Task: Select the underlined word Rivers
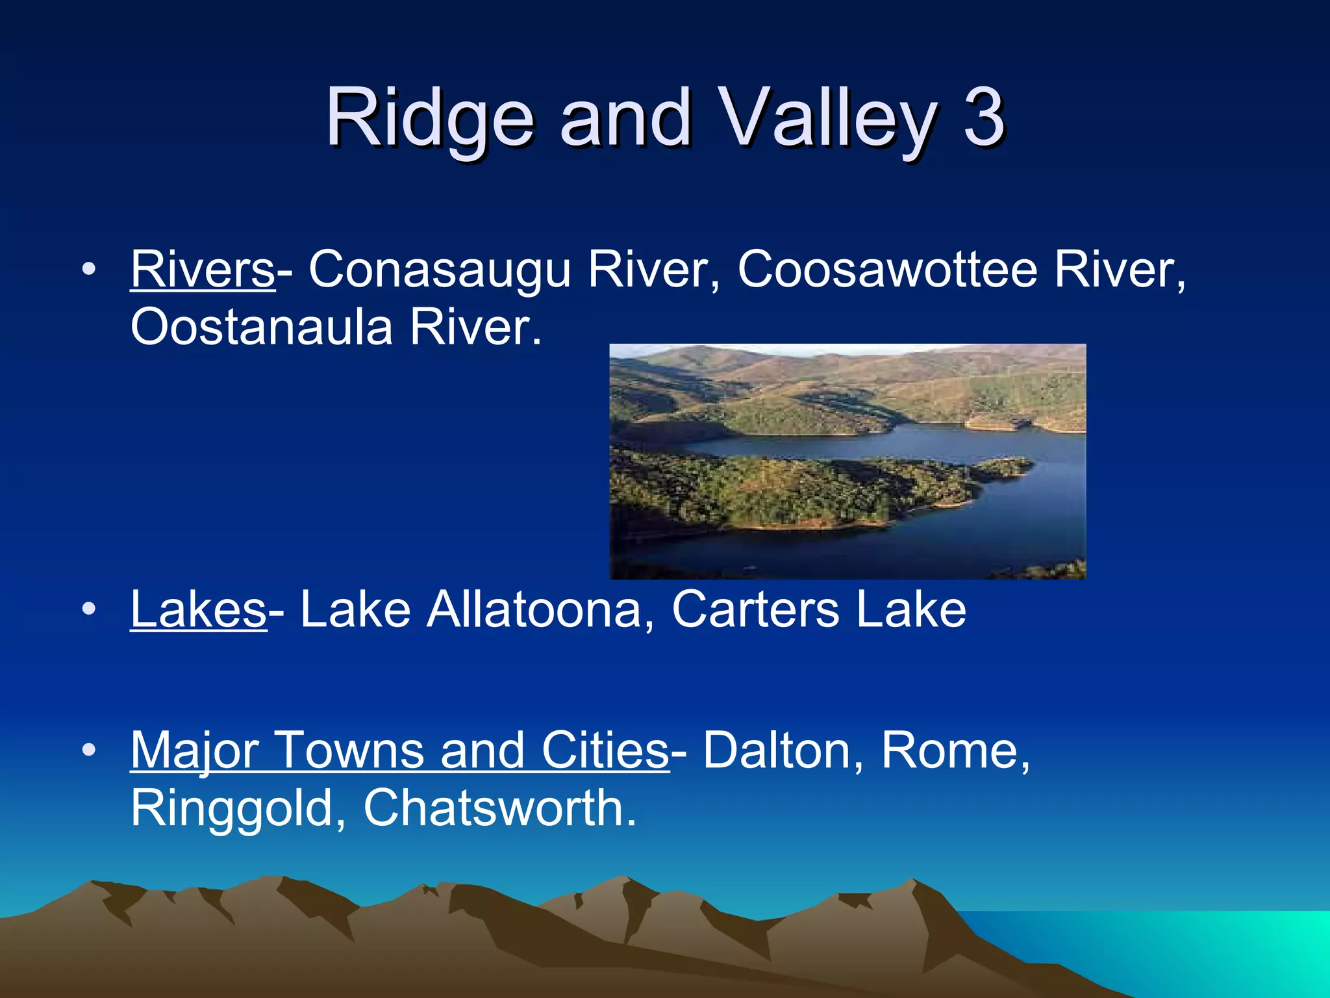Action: click(203, 269)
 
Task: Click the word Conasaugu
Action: click(439, 269)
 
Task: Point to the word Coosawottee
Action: click(887, 269)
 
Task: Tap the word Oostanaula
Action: click(262, 327)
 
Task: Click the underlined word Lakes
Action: click(198, 609)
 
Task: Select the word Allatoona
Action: click(534, 609)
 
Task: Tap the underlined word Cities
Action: click(605, 750)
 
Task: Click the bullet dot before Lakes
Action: click(90, 609)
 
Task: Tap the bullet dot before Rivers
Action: click(90, 269)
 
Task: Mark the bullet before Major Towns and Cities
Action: click(90, 750)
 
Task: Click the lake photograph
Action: click(847, 461)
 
